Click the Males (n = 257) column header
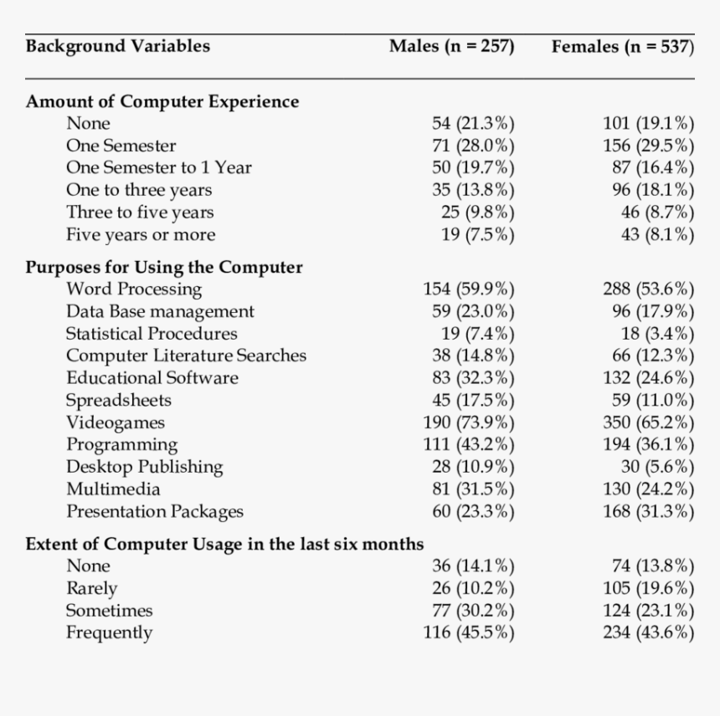point(451,46)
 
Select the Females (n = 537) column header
point(622,46)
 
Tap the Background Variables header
point(117,46)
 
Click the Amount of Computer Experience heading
point(162,101)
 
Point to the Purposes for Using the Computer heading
point(164,268)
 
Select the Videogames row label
point(116,422)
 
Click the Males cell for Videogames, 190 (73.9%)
point(469,422)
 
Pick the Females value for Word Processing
point(648,289)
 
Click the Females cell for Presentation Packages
point(648,511)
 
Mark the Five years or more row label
point(141,235)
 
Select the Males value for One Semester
point(473,146)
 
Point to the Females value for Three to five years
point(657,212)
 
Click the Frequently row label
point(109,632)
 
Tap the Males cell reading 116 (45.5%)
point(469,632)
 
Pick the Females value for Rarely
point(648,588)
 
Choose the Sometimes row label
point(109,611)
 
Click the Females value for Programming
point(648,444)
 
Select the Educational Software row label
point(152,378)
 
